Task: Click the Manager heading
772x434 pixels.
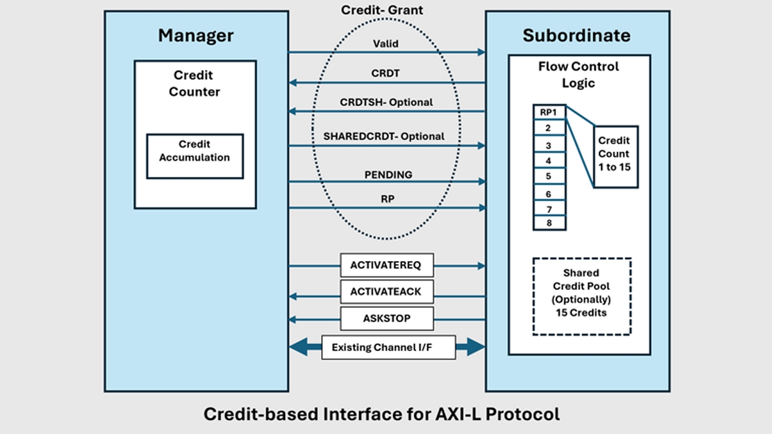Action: (196, 35)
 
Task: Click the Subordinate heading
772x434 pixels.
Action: (576, 35)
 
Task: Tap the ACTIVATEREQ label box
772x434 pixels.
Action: (386, 265)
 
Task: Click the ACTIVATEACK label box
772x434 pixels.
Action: (386, 291)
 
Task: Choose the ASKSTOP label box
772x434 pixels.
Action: (386, 318)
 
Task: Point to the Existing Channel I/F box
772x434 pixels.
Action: (389, 348)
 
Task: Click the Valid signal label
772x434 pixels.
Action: (385, 44)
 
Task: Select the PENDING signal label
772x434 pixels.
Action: (387, 174)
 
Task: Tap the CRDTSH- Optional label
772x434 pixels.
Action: (386, 102)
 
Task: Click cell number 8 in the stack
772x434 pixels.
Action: (548, 224)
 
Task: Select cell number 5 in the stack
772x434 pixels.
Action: (548, 176)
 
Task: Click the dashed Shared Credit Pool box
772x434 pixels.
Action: (582, 296)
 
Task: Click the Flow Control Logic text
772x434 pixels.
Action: (578, 75)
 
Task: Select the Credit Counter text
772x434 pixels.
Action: (194, 84)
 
